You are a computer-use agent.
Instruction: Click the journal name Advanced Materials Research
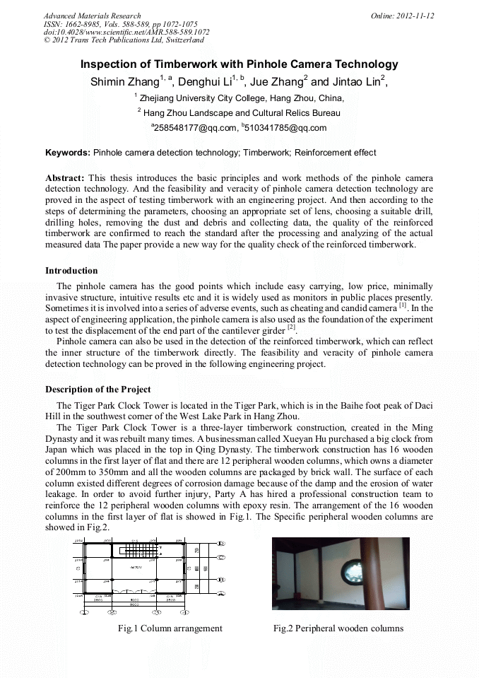(x=92, y=16)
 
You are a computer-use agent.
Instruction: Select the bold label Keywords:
(x=68, y=152)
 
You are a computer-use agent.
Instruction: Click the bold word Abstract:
(x=65, y=178)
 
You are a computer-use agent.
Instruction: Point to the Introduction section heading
(x=71, y=271)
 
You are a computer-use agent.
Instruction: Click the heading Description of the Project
(x=97, y=390)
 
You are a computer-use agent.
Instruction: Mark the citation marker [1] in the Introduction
(x=403, y=305)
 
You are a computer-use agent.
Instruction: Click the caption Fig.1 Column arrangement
(x=170, y=628)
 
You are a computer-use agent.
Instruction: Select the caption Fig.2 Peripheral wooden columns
(x=338, y=628)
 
